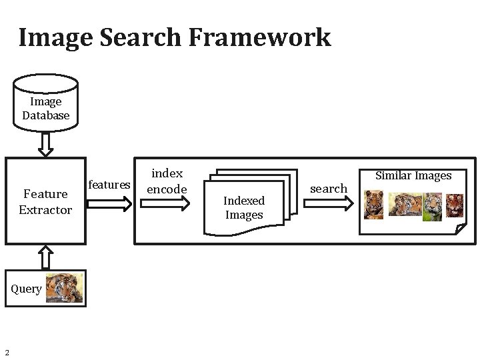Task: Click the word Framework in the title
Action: (x=260, y=37)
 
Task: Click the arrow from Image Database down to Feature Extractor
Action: (x=45, y=144)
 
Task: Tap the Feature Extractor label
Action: (x=45, y=202)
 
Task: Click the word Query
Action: (x=27, y=289)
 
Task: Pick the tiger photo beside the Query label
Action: (x=65, y=288)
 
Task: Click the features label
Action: (x=109, y=185)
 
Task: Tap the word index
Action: (x=167, y=174)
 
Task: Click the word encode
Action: (x=167, y=189)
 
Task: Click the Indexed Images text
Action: (x=244, y=208)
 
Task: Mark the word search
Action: (x=329, y=189)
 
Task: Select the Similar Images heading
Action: (x=413, y=176)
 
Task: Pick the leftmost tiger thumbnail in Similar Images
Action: (x=374, y=205)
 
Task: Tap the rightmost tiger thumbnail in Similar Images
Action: (x=455, y=205)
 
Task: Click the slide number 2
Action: (x=6, y=353)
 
